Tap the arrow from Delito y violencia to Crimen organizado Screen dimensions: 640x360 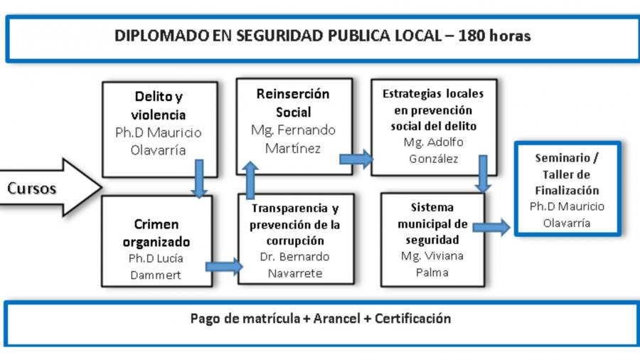(199, 179)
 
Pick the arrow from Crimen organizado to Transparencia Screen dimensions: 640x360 (224, 267)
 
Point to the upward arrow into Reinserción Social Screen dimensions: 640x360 (250, 180)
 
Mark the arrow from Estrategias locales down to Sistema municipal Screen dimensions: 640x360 (483, 174)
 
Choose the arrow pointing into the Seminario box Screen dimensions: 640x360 (491, 227)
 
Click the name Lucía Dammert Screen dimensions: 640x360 (156, 267)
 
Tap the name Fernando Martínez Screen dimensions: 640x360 (293, 139)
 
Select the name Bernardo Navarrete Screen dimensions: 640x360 (294, 265)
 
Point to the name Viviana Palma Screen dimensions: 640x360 (432, 264)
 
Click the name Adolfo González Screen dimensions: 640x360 (434, 150)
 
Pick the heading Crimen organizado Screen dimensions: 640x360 (156, 233)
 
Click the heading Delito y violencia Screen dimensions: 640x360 (159, 106)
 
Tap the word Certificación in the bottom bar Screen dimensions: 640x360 (412, 318)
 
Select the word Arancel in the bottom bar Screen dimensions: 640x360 (337, 318)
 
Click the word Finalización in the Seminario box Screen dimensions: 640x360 (567, 191)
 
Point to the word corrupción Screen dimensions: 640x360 (295, 240)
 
